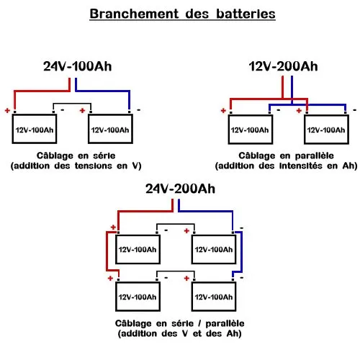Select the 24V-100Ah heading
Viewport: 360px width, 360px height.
click(77, 67)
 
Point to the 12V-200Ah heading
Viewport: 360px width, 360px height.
click(283, 67)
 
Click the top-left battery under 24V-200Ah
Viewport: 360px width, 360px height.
click(137, 250)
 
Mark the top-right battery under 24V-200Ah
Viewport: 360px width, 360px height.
click(213, 250)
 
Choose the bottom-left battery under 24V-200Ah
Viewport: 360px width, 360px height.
click(137, 297)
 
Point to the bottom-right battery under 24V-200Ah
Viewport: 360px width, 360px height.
click(213, 297)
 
